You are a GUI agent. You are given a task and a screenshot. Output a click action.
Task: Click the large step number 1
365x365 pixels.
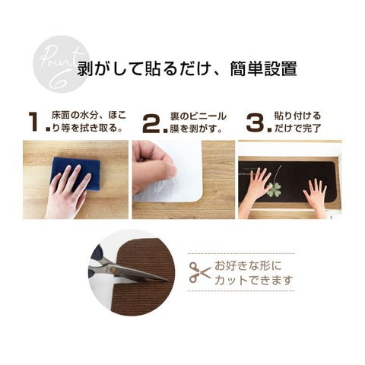coord(33,122)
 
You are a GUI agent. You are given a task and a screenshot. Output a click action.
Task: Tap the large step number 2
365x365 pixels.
coord(151,123)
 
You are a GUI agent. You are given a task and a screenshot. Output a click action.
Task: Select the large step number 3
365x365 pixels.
coord(256,122)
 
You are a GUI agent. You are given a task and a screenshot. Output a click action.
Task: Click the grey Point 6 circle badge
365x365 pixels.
coord(62,64)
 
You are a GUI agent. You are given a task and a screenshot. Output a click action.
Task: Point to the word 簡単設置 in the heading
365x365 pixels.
coord(263,68)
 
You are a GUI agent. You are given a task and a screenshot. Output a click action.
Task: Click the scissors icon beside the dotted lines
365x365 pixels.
coord(200,272)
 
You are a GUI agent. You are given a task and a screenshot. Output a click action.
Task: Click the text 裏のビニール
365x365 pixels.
coord(198,116)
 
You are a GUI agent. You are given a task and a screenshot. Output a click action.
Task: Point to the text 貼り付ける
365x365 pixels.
coord(298,116)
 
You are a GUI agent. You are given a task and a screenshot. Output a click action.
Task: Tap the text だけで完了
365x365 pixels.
coord(298,129)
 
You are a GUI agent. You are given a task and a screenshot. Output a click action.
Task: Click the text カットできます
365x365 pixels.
coord(254,280)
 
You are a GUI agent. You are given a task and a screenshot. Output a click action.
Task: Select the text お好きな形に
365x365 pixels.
coord(248,266)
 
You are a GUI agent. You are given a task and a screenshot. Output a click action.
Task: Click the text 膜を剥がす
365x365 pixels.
coord(196,129)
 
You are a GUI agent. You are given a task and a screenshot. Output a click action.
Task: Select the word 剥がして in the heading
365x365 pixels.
coord(109,68)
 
